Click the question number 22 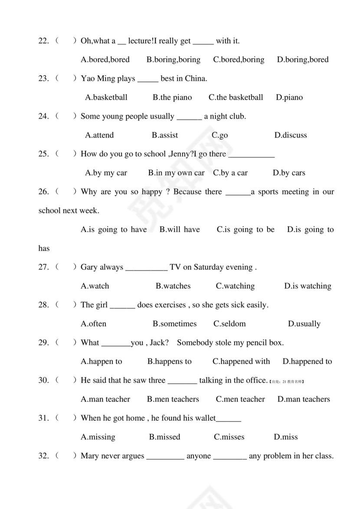pyautogui.click(x=43, y=41)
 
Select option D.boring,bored pyautogui.click(x=303, y=60)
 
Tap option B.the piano pyautogui.click(x=172, y=98)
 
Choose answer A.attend pyautogui.click(x=99, y=135)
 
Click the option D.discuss pyautogui.click(x=291, y=135)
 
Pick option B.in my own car pyautogui.click(x=176, y=173)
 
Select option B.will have pyautogui.click(x=180, y=230)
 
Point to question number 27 pyautogui.click(x=43, y=268)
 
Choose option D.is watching pyautogui.click(x=308, y=286)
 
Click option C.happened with pyautogui.click(x=241, y=362)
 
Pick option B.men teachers pyautogui.click(x=173, y=399)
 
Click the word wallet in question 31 pyautogui.click(x=205, y=418)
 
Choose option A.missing pyautogui.click(x=98, y=437)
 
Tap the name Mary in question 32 pyautogui.click(x=90, y=456)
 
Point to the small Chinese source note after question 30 pyautogui.click(x=286, y=382)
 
